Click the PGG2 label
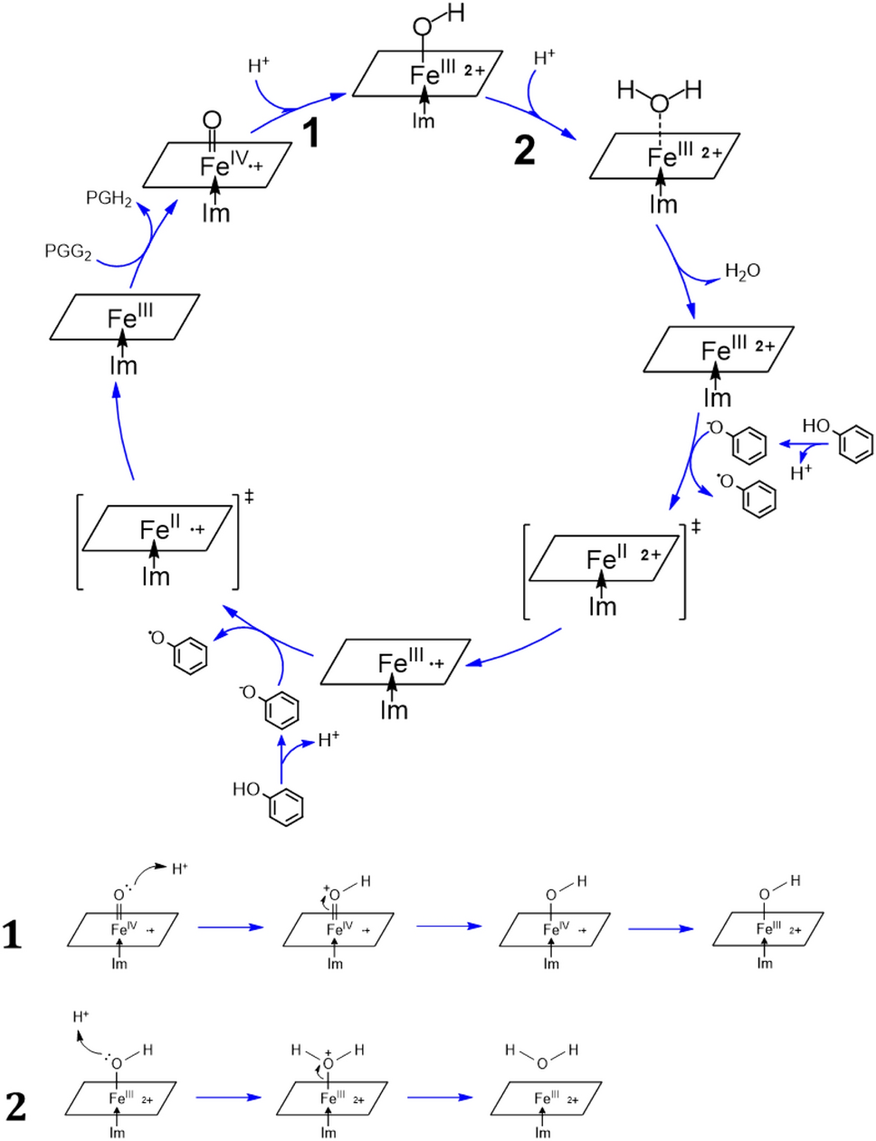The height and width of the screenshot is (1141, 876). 68,252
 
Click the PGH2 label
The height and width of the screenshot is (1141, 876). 109,198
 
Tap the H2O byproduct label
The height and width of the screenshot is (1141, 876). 742,271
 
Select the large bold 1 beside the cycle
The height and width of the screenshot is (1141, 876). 310,135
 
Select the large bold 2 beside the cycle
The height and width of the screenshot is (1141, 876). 524,149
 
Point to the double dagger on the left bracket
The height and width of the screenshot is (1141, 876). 249,496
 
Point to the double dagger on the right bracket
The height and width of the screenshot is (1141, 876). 695,526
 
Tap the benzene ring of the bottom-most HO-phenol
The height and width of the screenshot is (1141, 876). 287,807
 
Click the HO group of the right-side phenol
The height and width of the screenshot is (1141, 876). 815,426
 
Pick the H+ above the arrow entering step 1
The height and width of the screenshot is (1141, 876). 259,66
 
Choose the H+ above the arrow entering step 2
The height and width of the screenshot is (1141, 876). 544,58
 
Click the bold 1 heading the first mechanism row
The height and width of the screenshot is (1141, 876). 13,934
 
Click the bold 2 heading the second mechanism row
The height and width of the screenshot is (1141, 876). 15,1106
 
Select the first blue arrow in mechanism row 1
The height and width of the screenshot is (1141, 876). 229,927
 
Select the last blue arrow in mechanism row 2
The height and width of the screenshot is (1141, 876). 439,1098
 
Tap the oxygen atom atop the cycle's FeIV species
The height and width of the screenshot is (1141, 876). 212,119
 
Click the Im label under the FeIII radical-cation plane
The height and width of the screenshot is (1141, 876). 394,710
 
